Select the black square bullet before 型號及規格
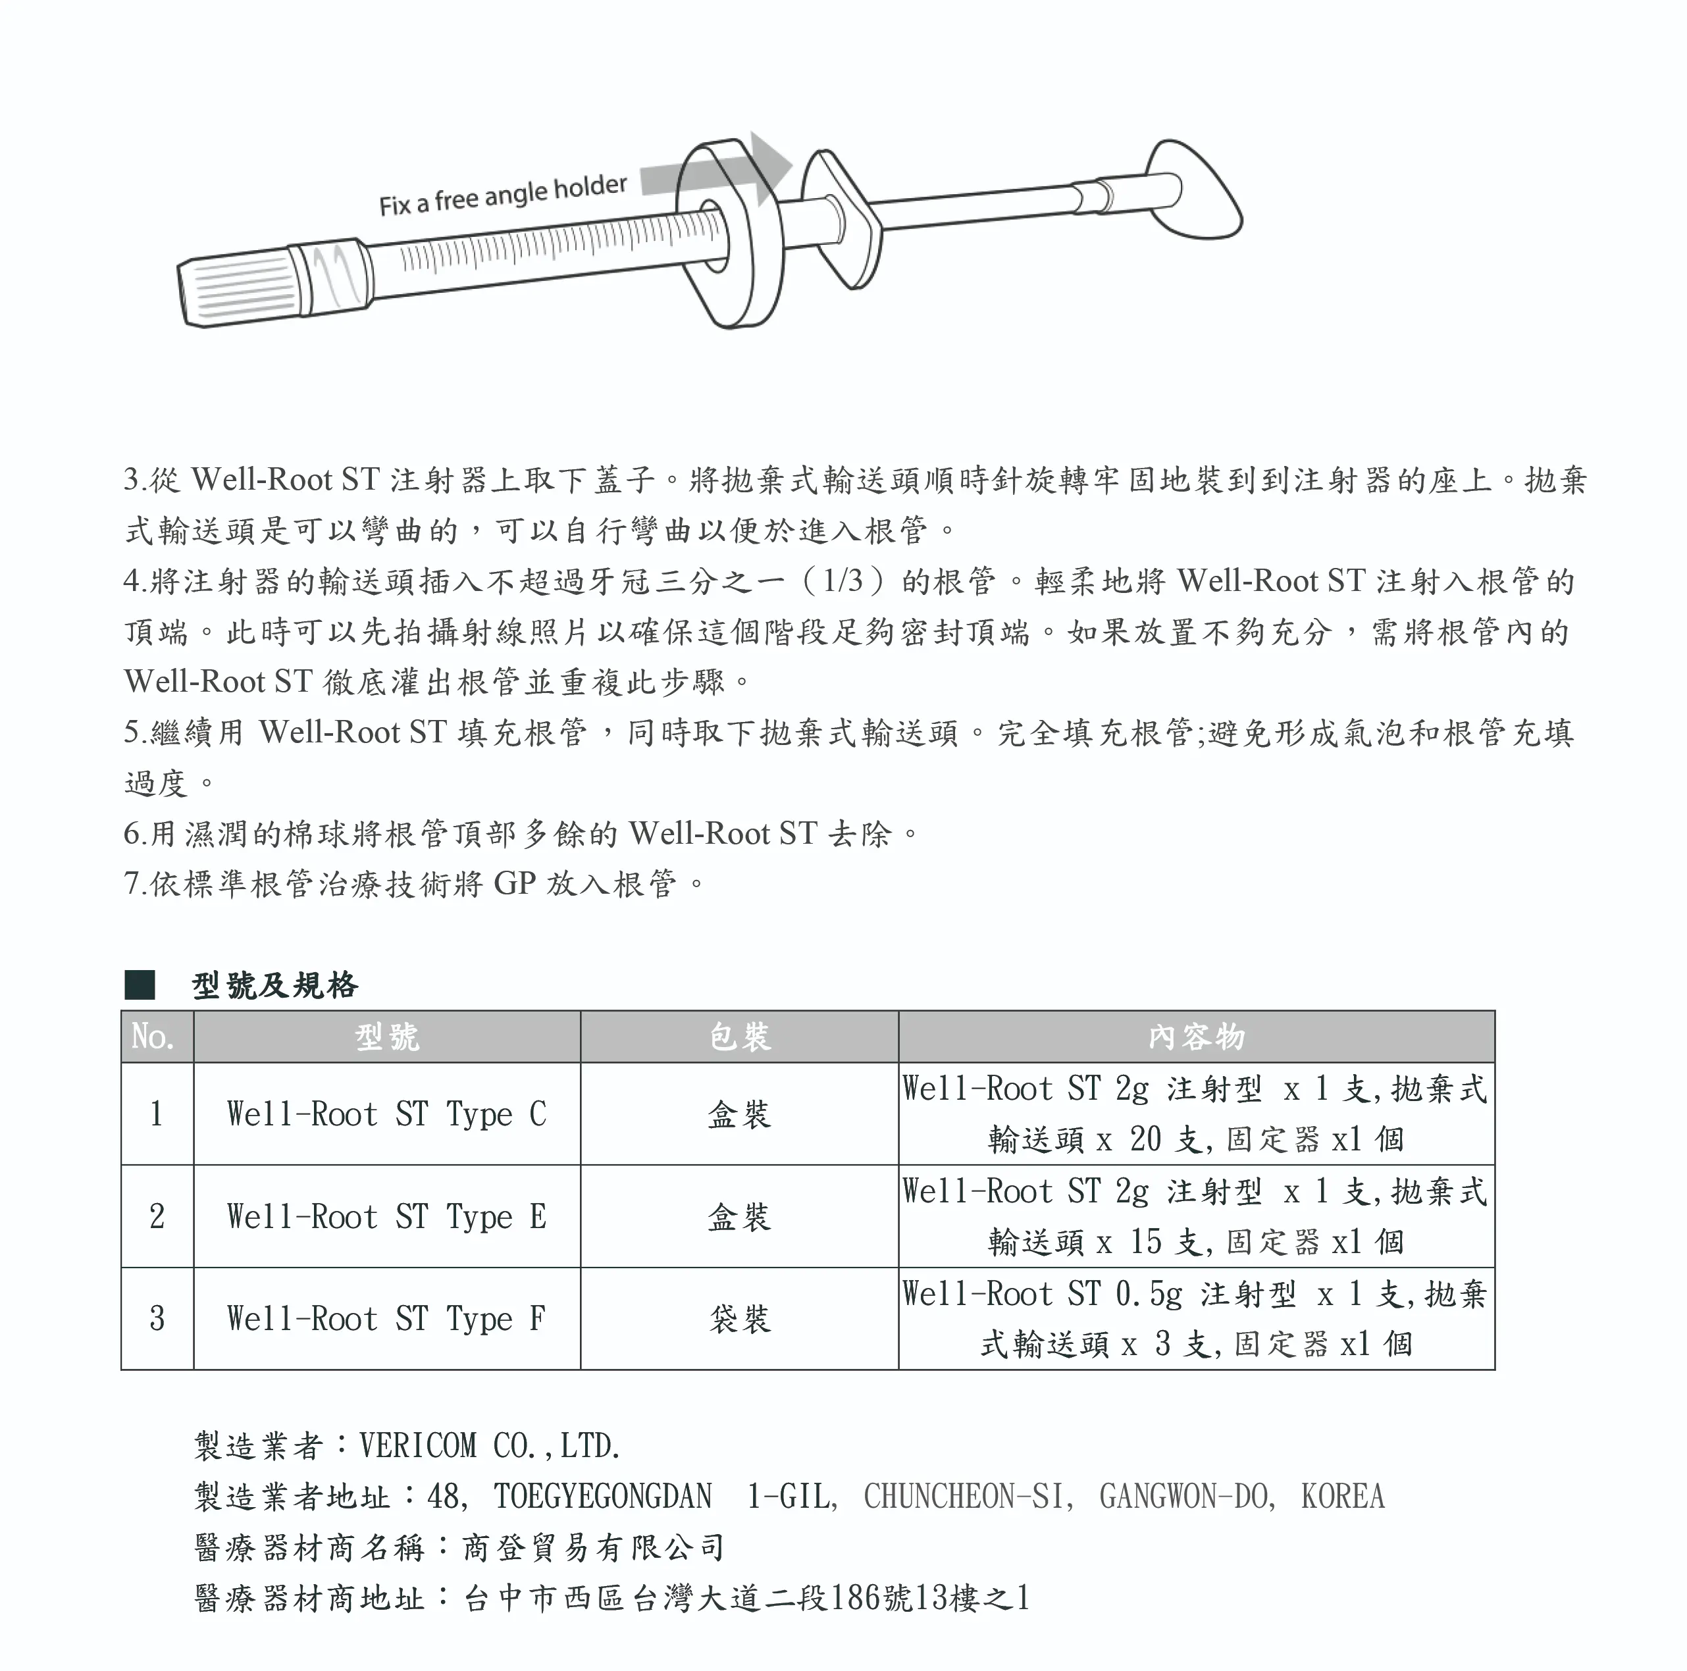coord(140,985)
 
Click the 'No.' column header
coord(153,1037)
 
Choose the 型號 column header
coord(387,1037)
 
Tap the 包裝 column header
coord(740,1037)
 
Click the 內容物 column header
coord(1196,1037)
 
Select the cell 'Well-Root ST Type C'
coord(387,1114)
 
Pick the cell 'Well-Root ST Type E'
coord(387,1216)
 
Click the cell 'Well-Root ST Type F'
coord(387,1318)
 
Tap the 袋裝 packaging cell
coord(740,1318)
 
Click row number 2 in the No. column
coord(157,1216)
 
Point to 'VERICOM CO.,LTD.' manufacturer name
coord(490,1447)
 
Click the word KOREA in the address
coord(1342,1497)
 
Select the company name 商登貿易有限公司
coord(594,1547)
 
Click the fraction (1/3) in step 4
coord(843,580)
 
